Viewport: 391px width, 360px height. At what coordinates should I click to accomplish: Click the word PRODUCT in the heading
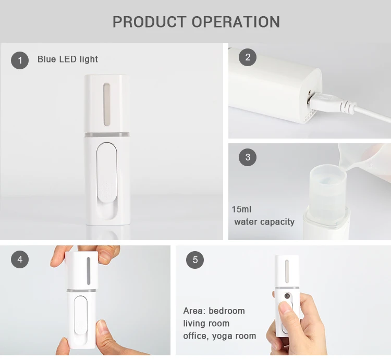click(x=150, y=22)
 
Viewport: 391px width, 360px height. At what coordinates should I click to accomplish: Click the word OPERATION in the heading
click(x=236, y=22)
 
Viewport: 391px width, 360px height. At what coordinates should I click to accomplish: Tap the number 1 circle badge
click(x=20, y=60)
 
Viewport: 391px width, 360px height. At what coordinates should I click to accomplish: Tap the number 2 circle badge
click(x=248, y=57)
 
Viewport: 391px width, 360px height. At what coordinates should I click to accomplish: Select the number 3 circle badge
click(x=248, y=157)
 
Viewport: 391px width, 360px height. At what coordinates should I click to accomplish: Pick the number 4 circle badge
click(x=20, y=259)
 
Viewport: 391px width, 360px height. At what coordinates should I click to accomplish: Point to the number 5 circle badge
click(x=195, y=260)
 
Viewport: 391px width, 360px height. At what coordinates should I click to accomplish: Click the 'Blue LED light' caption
click(x=68, y=59)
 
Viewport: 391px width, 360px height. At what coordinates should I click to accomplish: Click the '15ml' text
click(x=241, y=209)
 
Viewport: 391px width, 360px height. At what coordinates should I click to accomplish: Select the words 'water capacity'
click(x=264, y=222)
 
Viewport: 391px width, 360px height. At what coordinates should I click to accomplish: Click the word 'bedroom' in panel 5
click(x=227, y=311)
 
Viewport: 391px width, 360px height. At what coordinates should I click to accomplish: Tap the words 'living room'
click(x=206, y=324)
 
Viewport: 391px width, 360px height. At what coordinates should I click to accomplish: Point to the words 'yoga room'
click(x=234, y=336)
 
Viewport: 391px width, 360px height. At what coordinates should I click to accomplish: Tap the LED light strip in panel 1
click(x=106, y=104)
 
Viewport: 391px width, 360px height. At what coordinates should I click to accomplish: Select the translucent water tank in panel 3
click(x=328, y=189)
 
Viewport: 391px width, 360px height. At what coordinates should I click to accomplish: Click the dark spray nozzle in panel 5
click(x=287, y=296)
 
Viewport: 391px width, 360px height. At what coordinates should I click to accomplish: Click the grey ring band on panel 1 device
click(x=107, y=135)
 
